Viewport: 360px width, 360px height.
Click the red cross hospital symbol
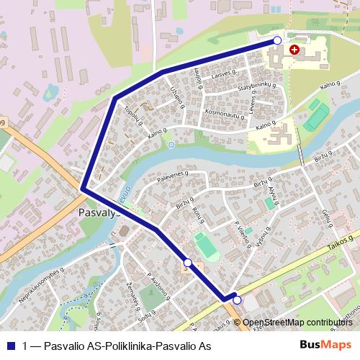pyautogui.click(x=294, y=50)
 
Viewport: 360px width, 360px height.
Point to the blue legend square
pyautogui.click(x=11, y=346)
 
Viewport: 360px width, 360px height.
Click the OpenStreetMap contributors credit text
pyautogui.click(x=297, y=323)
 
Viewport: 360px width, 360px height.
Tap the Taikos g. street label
pyautogui.click(x=341, y=243)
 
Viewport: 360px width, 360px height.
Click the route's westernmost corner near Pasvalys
pyautogui.click(x=84, y=189)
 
